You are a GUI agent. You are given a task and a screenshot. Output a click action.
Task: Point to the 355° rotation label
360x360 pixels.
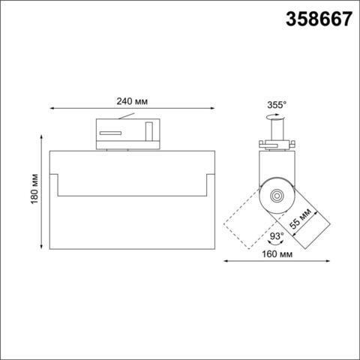tap(275, 106)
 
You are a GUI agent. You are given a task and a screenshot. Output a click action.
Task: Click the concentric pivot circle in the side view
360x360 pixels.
tap(277, 196)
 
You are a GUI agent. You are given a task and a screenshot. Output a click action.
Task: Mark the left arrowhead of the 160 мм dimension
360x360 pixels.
tap(227, 262)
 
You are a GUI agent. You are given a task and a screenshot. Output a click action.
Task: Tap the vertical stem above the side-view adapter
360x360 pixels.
tap(275, 132)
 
